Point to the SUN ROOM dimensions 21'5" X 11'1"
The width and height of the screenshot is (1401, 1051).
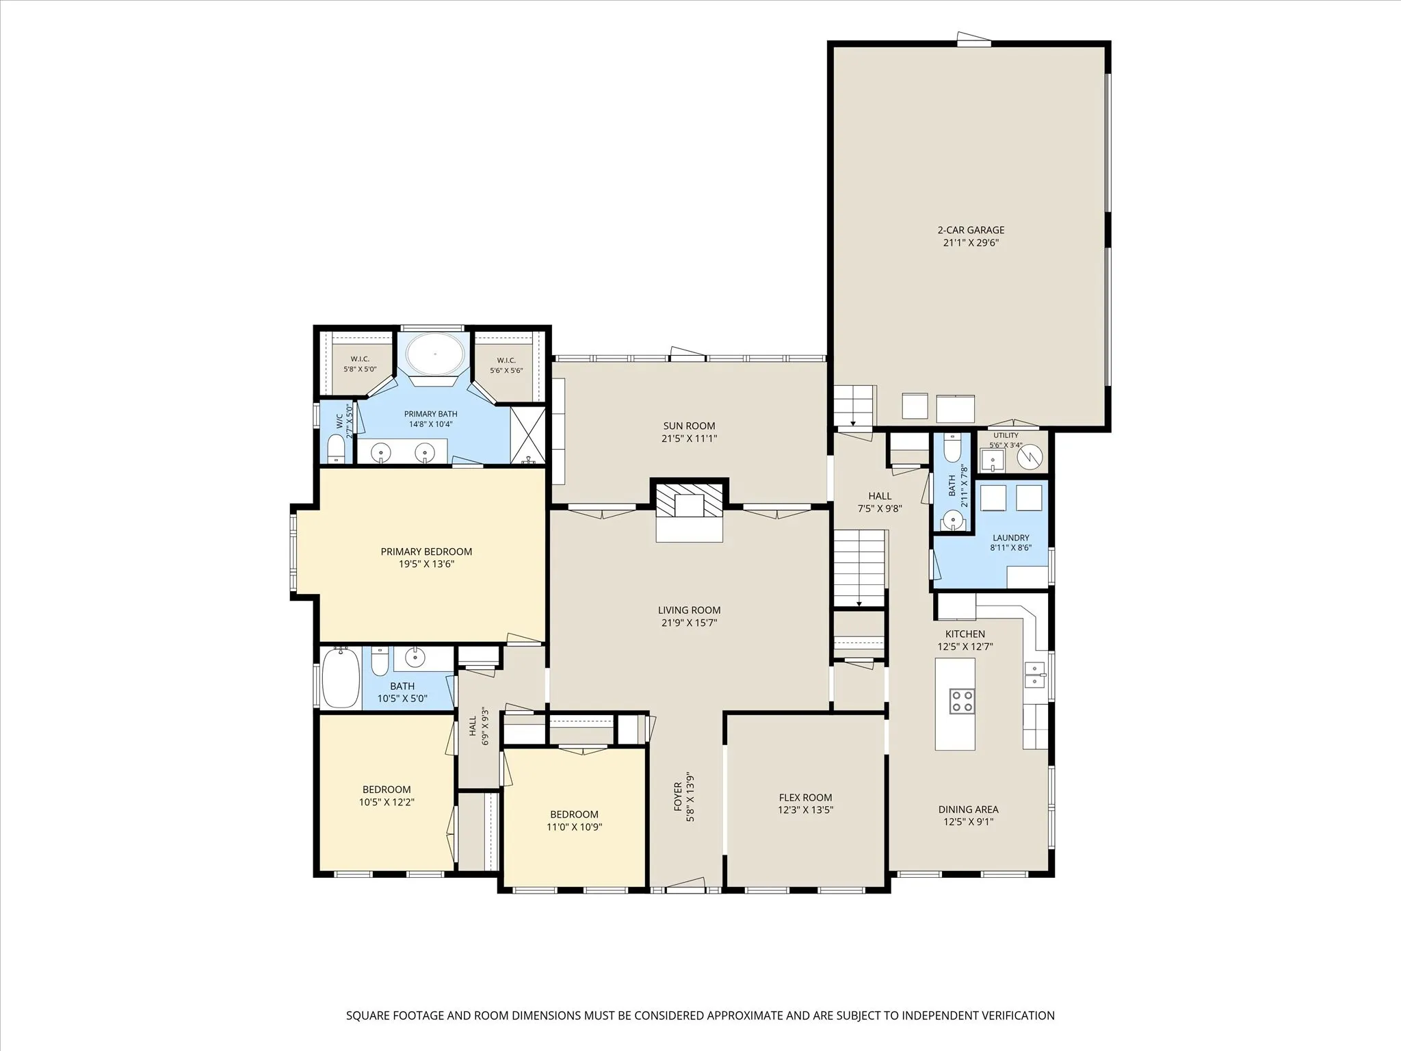[689, 439]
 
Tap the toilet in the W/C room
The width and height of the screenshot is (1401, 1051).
[335, 449]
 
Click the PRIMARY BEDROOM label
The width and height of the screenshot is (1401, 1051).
[426, 552]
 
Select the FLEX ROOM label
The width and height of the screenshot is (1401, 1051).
[805, 797]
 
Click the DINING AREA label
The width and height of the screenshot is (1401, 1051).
[968, 809]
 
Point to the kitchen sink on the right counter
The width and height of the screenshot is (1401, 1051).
[1035, 675]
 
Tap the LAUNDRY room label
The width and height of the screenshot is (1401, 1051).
[1010, 538]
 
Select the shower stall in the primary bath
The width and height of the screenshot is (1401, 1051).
[528, 435]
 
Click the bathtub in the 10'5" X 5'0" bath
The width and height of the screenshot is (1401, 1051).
[340, 679]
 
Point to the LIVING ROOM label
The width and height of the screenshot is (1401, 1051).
[689, 610]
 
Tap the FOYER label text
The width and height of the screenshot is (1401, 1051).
[677, 796]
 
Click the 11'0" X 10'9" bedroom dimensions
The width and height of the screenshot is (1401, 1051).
[575, 827]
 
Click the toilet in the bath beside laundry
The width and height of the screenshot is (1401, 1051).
[952, 447]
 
